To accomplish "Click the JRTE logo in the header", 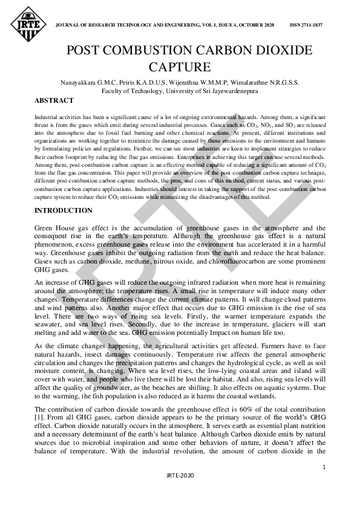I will [25, 25].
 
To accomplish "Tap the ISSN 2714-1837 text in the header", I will [306, 25].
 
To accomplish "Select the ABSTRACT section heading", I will [54, 100].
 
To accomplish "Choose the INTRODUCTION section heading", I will [64, 210].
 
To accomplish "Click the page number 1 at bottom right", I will [324, 467].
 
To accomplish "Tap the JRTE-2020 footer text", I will [179, 493].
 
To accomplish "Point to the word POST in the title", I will [82, 50].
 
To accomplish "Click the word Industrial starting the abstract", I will [47, 115].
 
